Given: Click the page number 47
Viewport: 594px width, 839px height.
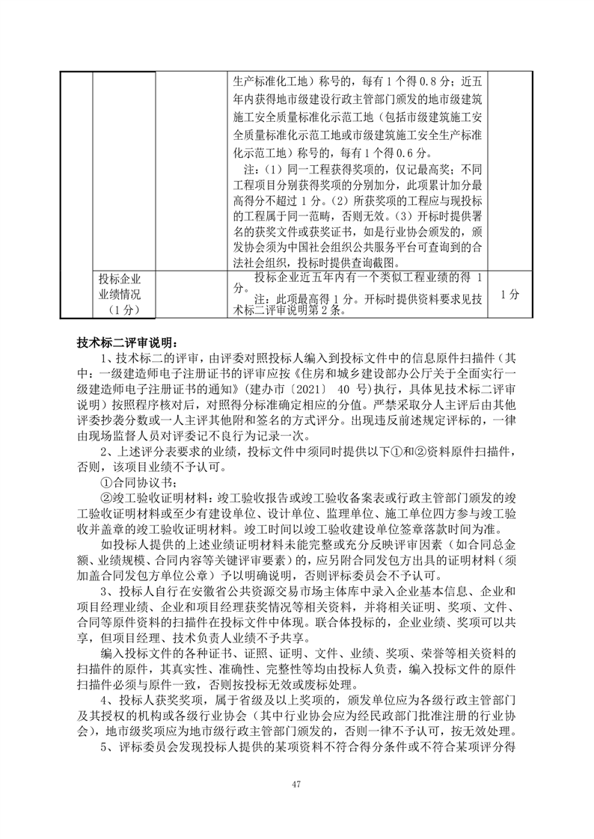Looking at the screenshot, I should (x=296, y=783).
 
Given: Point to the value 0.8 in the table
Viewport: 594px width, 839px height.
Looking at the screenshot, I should (x=419, y=81).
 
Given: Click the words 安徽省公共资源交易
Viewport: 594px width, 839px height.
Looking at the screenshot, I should (x=248, y=591).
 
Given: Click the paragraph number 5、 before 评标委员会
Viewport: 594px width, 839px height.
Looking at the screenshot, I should (x=107, y=749).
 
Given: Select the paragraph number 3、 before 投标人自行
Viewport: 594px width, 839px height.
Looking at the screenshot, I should (x=107, y=591).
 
